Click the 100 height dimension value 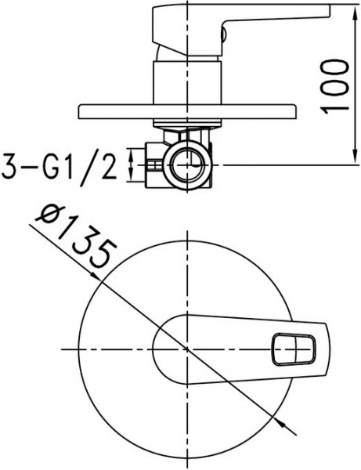point(335,85)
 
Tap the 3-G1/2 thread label point(59,167)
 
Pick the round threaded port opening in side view point(186,165)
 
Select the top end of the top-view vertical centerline point(186,233)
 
